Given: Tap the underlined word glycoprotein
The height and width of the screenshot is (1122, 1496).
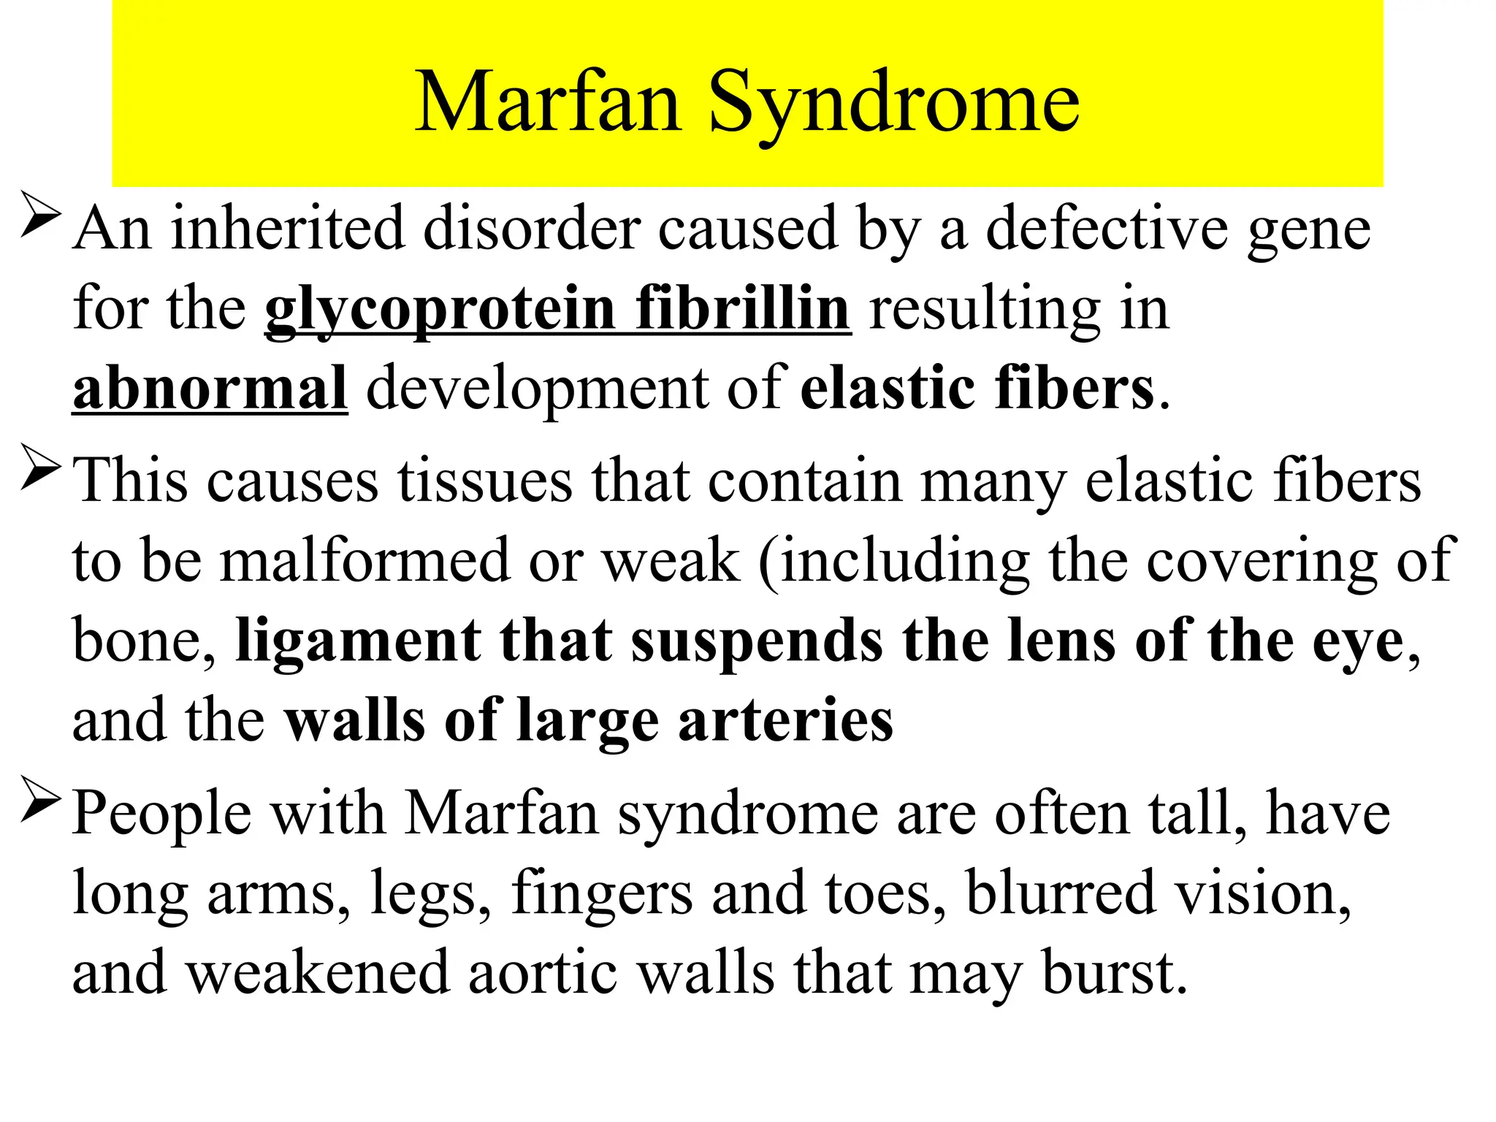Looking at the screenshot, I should tap(440, 310).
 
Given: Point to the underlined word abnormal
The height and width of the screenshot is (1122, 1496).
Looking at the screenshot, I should tap(210, 388).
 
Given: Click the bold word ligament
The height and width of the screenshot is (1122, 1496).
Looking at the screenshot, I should tap(358, 641).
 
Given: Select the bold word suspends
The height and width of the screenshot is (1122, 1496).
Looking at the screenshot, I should tap(756, 641).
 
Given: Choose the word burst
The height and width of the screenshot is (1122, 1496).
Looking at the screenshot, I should tap(1113, 973).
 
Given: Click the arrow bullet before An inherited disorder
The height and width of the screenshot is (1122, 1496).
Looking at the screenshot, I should tap(39, 214).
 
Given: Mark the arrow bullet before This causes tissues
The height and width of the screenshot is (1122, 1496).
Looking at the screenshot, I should tap(39, 467).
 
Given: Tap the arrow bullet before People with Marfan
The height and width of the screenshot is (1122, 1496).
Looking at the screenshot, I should tap(39, 799).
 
